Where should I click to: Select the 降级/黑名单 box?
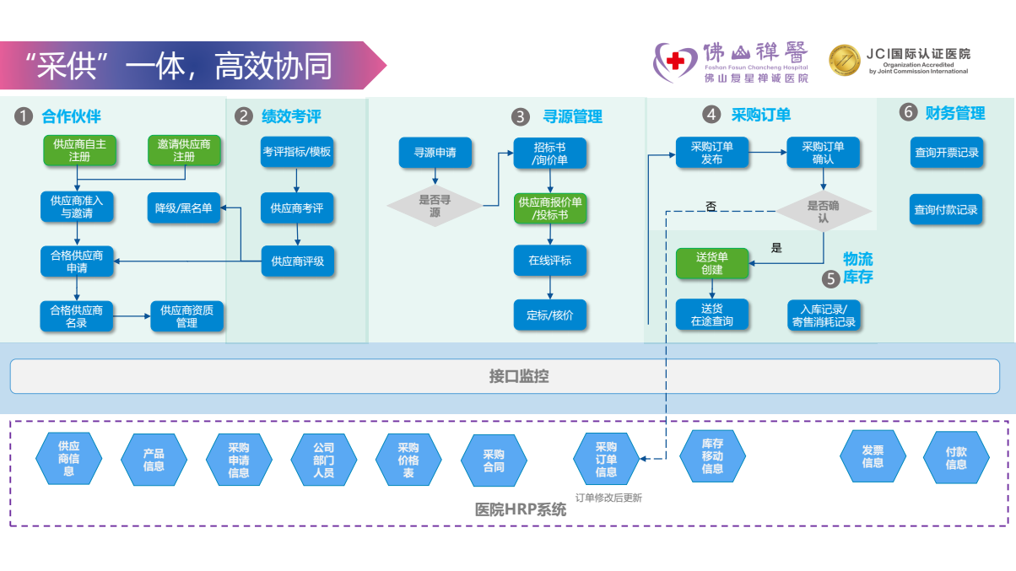pos(183,207)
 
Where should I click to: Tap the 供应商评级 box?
pos(297,261)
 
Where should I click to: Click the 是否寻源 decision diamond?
pos(435,206)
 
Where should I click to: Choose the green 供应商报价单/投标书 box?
pos(550,208)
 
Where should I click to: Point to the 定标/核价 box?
pos(550,315)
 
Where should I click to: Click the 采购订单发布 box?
pos(711,152)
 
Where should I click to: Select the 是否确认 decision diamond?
pos(823,211)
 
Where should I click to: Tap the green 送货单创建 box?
pos(711,263)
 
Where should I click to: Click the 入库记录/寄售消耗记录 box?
pos(823,315)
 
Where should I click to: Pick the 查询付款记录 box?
pos(946,209)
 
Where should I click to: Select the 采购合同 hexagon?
pos(494,460)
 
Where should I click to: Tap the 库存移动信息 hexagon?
pos(712,456)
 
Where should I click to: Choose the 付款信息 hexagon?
pos(956,458)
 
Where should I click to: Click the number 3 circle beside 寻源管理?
pos(521,116)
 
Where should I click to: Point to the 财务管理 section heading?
pos(955,112)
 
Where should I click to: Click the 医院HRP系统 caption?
pos(521,509)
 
